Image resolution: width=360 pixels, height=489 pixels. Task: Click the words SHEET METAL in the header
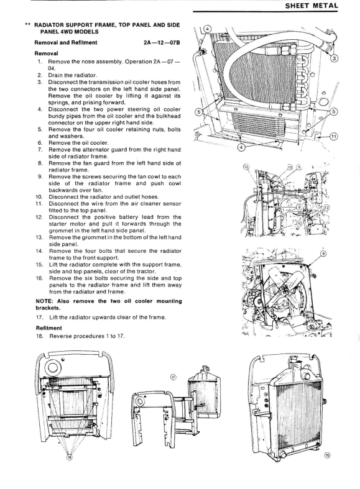(311, 6)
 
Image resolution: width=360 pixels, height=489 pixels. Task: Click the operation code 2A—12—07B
(162, 43)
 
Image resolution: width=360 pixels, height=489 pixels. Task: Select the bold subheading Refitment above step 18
(48, 328)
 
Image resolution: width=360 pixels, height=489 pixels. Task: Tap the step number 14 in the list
(39, 251)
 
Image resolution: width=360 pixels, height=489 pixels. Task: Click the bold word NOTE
(45, 301)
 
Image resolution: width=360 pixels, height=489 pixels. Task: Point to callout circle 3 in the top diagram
(334, 58)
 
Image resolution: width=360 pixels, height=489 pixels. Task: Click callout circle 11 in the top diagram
(334, 136)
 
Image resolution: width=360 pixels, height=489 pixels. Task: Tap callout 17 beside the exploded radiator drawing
(173, 377)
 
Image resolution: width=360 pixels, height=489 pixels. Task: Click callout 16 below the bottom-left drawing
(70, 457)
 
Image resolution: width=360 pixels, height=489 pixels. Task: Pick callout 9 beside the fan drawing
(323, 254)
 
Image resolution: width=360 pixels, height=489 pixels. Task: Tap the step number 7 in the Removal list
(40, 150)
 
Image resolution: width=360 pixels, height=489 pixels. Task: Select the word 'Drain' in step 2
(55, 75)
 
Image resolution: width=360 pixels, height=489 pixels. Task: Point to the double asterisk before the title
(27, 24)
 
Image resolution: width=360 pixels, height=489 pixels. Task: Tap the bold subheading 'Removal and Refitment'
(66, 43)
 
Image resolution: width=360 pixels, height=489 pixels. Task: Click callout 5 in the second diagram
(299, 167)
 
